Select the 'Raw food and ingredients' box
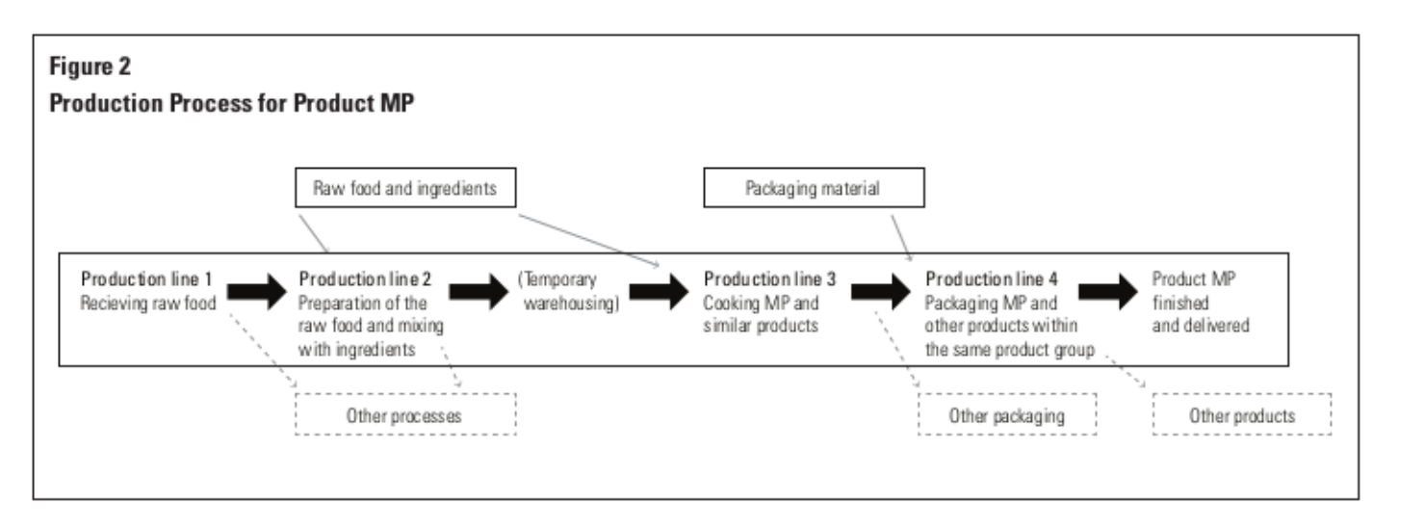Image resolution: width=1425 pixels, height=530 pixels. tap(405, 190)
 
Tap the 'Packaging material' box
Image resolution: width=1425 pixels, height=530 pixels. tap(812, 190)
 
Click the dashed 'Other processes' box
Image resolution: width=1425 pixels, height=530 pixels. tap(405, 415)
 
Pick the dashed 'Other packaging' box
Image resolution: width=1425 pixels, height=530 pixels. tap(1006, 415)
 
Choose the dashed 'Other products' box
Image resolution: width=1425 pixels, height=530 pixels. tap(1242, 415)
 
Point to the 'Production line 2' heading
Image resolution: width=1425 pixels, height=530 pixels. tap(365, 279)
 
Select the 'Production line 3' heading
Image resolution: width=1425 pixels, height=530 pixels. tap(769, 279)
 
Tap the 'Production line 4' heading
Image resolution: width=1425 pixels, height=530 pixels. tap(992, 279)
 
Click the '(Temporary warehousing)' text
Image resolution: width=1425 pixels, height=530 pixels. tap(566, 291)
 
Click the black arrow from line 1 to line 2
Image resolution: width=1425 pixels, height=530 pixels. tap(259, 290)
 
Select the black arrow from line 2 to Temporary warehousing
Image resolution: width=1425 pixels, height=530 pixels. tap(479, 290)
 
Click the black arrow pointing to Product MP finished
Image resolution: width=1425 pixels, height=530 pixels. tap(1108, 290)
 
